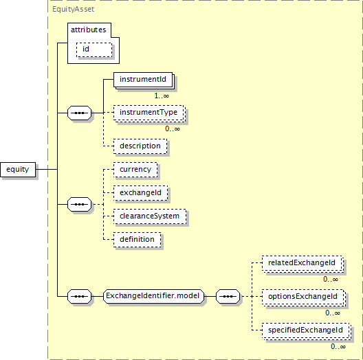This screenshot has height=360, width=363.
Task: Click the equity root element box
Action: coord(18,170)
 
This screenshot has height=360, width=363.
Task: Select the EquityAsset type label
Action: coord(73,9)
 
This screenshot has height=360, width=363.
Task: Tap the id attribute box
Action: coord(94,49)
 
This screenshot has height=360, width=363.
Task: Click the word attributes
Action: coord(89,30)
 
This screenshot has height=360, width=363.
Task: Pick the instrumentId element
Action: coord(143,80)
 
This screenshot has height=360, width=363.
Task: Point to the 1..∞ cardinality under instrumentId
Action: coord(162,95)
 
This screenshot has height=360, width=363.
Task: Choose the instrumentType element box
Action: coord(148,113)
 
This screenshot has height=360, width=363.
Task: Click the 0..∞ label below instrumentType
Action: coord(173,129)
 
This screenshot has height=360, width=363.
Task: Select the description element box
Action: coord(140,146)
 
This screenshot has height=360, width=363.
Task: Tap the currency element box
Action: coord(135,170)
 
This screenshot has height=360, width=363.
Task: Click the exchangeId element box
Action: coord(140,193)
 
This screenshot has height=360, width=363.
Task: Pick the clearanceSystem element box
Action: coord(150,216)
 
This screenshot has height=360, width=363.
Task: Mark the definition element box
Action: coord(137,240)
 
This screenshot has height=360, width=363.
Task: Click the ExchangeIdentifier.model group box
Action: coord(154,296)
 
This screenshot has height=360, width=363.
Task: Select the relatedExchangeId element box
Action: coord(302,263)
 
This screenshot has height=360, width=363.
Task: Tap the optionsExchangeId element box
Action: coord(304,297)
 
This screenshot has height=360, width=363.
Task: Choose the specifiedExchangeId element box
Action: coord(307,330)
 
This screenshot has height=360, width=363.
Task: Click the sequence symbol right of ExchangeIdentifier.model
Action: coord(228,296)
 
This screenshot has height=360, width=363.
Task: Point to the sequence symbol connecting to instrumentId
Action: coord(80,113)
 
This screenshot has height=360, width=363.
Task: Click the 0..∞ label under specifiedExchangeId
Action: coord(338,346)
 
